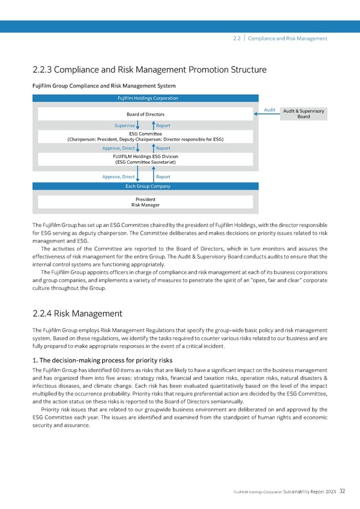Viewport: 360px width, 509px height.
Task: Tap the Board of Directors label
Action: tap(146, 115)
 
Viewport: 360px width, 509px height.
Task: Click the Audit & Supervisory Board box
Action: tap(304, 113)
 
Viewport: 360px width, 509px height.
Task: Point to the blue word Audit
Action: tap(269, 110)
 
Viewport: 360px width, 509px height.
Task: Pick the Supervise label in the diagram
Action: tap(124, 125)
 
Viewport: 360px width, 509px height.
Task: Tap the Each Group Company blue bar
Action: tap(147, 186)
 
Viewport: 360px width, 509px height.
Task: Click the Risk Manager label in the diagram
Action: tap(146, 205)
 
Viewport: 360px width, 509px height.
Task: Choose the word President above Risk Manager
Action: tap(146, 199)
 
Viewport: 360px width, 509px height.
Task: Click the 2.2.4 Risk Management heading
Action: tap(77, 313)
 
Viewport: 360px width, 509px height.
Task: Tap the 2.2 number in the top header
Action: tap(236, 38)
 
